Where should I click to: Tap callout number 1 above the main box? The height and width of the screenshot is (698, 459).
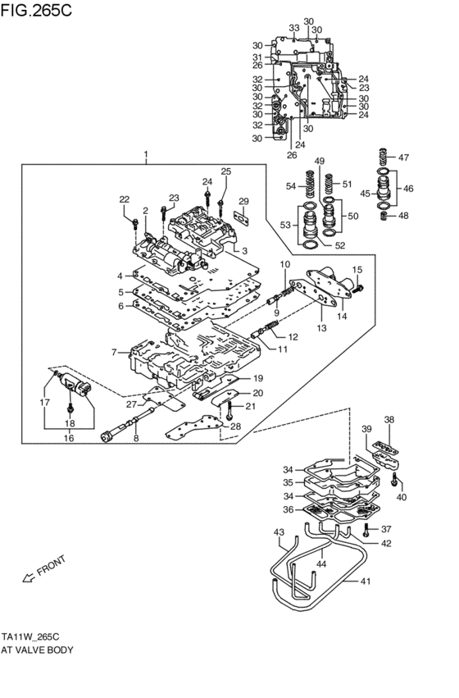(146, 154)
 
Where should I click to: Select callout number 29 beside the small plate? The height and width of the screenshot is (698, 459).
(243, 202)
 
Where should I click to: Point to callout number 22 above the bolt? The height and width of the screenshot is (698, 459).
(125, 200)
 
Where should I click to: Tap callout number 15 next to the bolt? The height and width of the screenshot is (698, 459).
(357, 270)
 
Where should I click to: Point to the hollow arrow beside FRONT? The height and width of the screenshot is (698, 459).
(28, 581)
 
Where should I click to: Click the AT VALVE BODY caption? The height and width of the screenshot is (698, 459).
(39, 650)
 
